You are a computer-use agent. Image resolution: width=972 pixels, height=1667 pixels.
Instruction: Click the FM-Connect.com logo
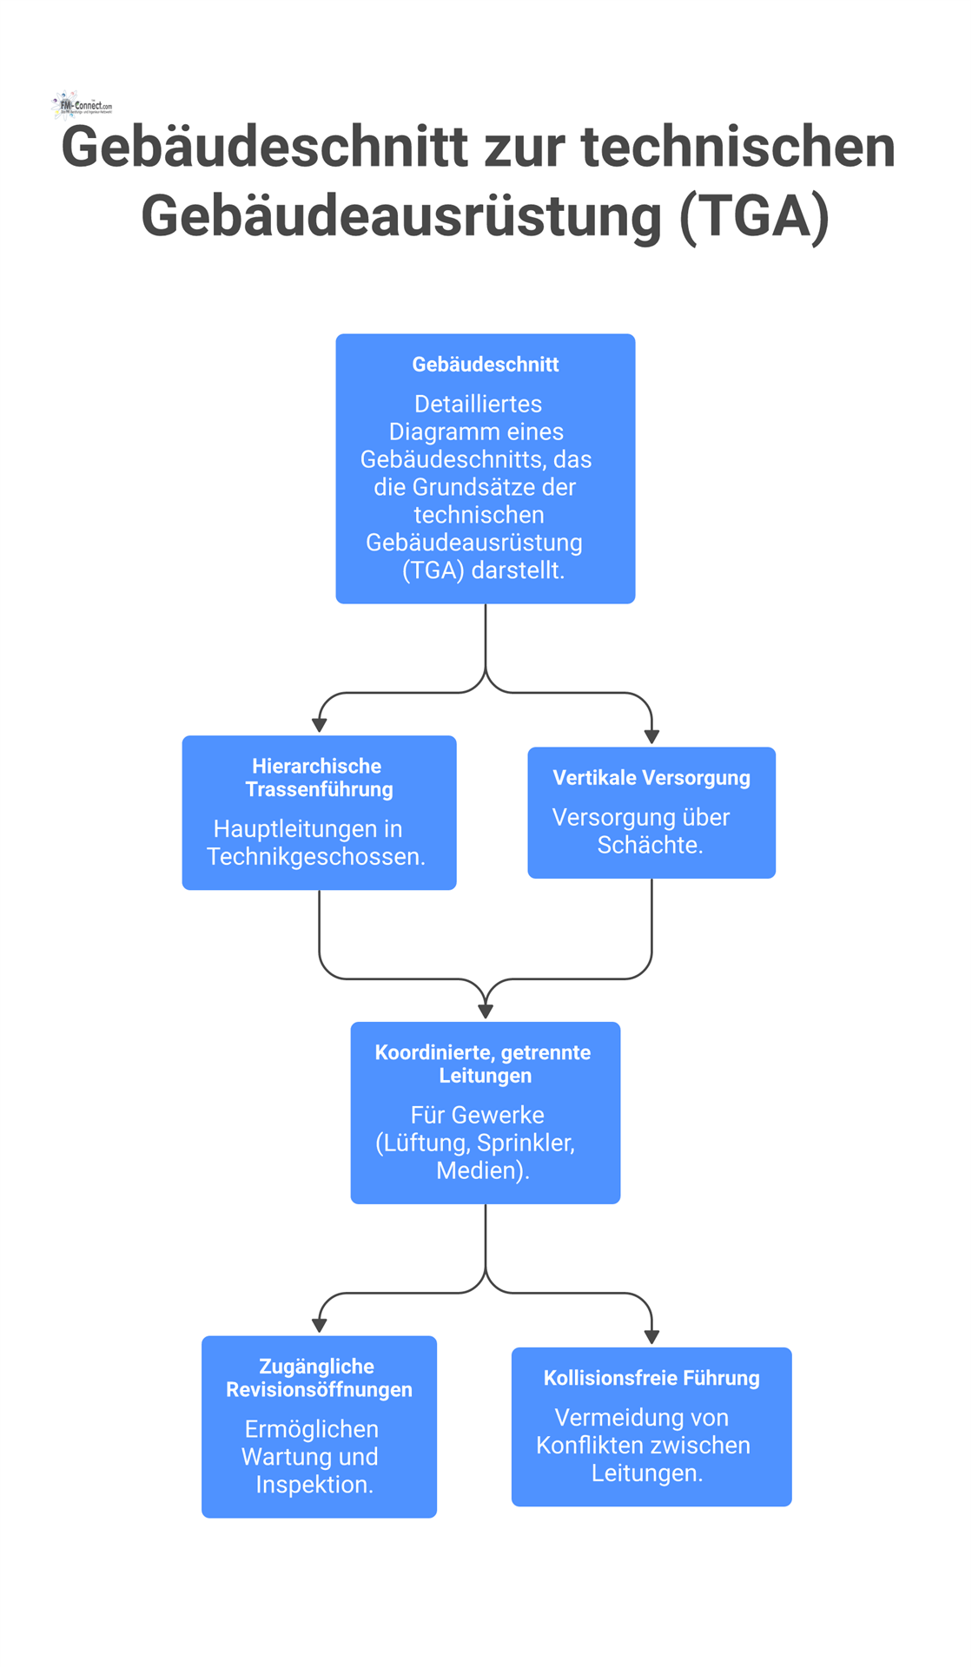83,105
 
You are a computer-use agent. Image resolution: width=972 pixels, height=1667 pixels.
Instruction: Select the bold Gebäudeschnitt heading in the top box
485,365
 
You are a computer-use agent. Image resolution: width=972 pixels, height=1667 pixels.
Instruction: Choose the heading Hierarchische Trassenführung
318,778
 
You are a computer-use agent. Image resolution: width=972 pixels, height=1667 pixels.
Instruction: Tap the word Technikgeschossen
315,857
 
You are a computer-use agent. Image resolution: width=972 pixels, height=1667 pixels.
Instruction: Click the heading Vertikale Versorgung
651,778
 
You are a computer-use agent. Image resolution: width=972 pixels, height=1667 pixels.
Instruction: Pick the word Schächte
650,845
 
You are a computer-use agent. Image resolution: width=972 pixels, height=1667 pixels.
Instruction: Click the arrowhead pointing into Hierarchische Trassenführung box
320,725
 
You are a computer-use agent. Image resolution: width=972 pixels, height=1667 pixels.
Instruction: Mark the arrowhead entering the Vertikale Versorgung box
651,736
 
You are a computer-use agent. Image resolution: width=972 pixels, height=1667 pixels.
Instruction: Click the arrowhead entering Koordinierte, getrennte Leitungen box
486,1011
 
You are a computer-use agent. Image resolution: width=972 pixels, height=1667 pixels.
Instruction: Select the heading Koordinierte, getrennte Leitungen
484,1064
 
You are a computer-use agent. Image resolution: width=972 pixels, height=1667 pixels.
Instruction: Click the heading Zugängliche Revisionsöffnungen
318,1378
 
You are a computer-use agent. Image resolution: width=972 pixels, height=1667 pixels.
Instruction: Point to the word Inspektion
314,1485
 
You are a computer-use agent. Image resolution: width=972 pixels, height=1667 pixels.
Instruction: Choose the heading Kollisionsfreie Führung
651,1378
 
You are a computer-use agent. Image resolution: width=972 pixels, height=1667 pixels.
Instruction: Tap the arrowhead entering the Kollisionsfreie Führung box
651,1337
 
